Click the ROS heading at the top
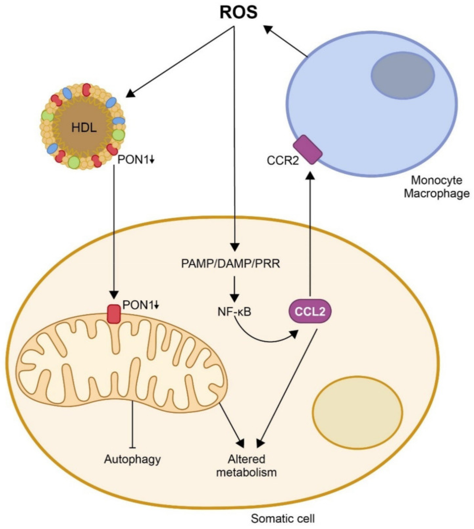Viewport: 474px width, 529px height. tap(238, 13)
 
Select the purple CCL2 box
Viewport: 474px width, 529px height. tap(310, 312)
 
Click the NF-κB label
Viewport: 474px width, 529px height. tap(234, 312)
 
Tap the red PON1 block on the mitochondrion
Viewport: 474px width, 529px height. tap(114, 314)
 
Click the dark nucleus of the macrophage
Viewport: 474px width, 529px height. tap(403, 75)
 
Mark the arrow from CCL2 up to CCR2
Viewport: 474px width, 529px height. tap(310, 234)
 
